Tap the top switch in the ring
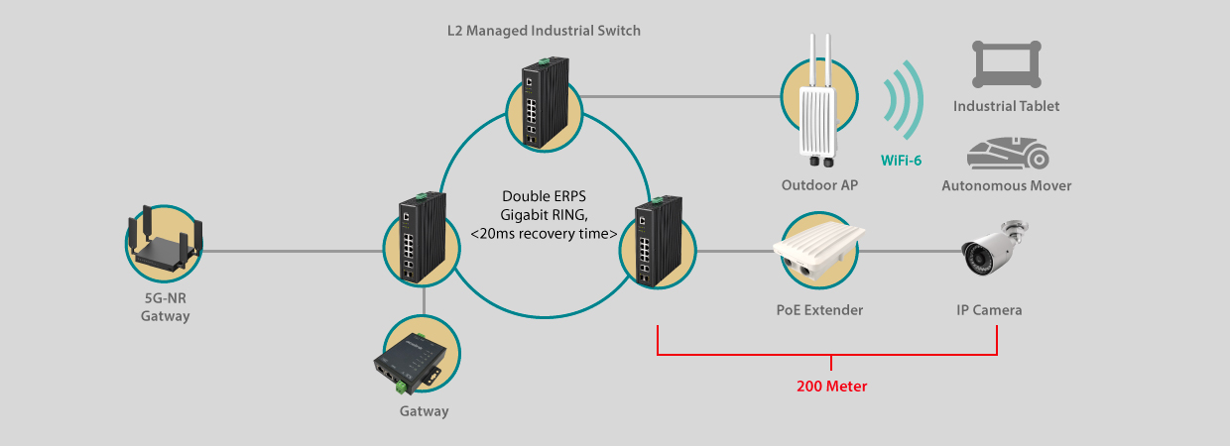tap(545, 103)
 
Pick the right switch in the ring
tap(658, 242)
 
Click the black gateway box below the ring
tap(410, 363)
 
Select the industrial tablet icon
tap(1007, 64)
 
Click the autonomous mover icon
tap(1008, 153)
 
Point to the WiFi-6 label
tap(901, 161)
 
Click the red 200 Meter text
tap(832, 387)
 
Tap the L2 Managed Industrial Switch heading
tap(544, 31)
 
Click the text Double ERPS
tap(545, 196)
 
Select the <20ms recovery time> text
tap(545, 234)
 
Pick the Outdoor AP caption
tap(819, 185)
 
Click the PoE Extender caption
tap(819, 310)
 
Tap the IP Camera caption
tap(989, 310)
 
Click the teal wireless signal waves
tap(905, 100)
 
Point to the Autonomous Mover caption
tap(1007, 186)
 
